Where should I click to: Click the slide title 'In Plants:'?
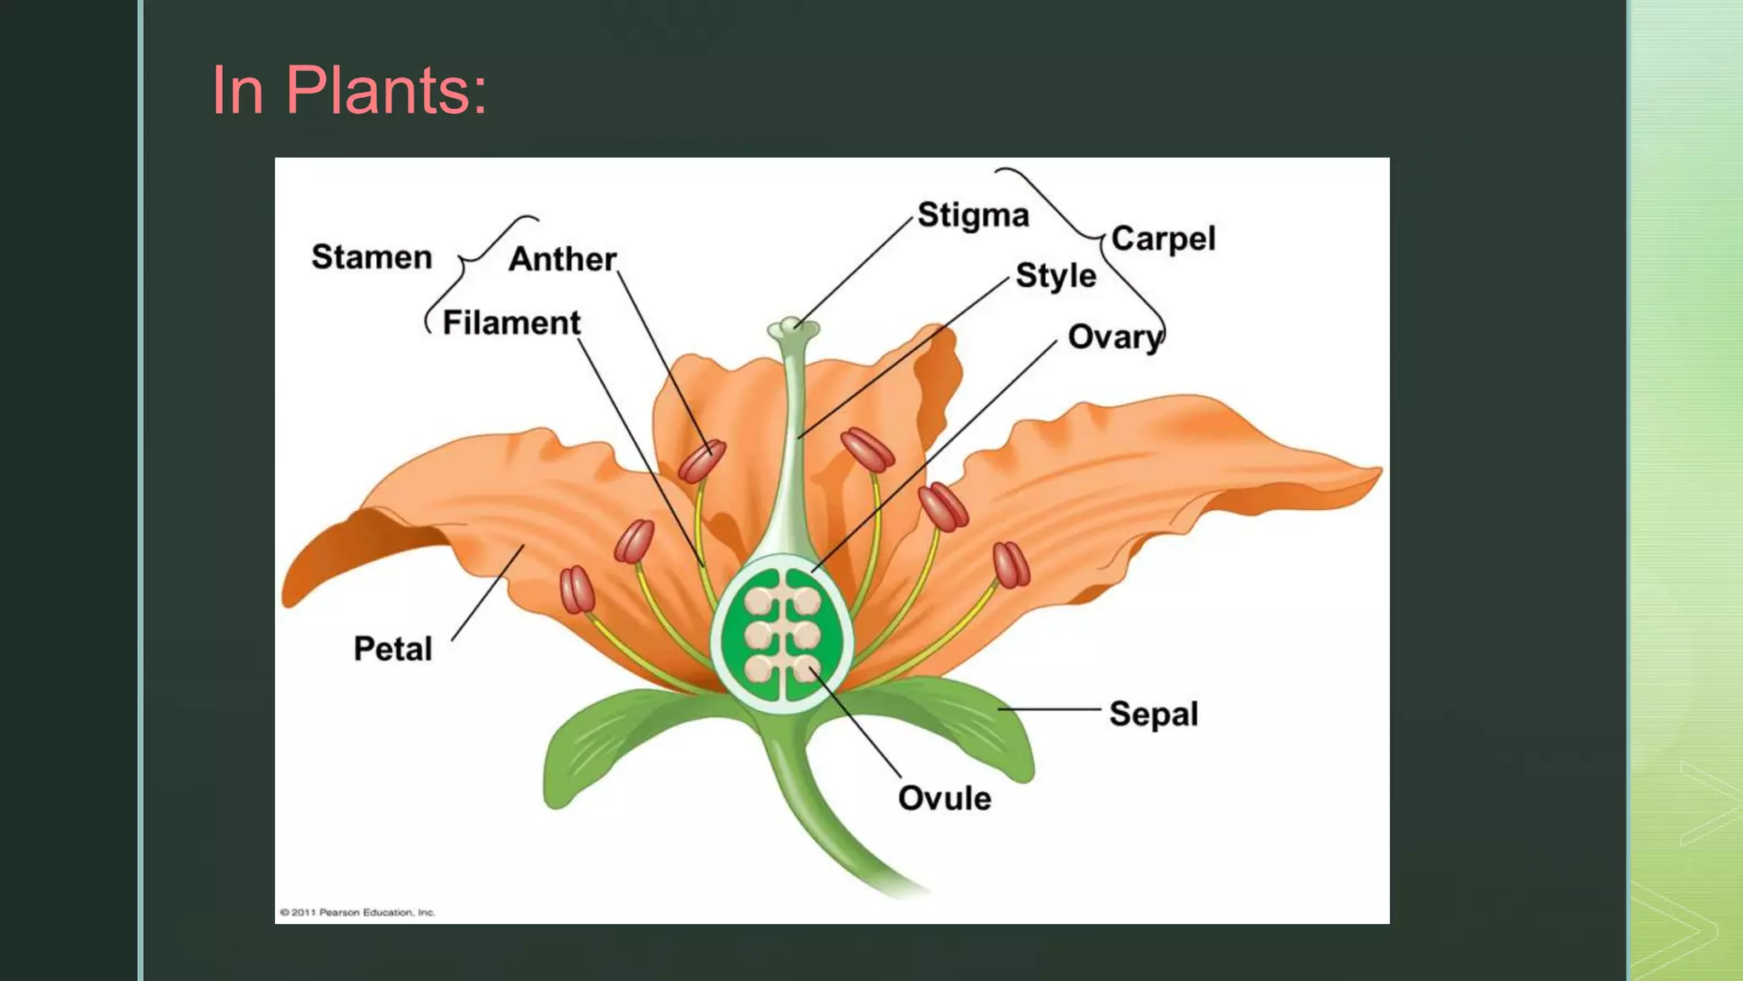349,90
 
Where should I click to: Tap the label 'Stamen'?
372,257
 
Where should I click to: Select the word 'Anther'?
563,259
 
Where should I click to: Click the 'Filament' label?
511,324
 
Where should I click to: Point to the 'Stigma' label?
973,215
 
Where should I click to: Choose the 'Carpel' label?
1163,239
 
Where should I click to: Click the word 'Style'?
1055,276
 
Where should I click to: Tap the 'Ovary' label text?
1114,338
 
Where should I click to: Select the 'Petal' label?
393,649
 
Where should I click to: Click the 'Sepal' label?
1153,714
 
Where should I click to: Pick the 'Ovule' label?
945,799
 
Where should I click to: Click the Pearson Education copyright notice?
357,912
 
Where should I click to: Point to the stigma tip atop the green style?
793,329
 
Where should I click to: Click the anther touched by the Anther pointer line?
702,461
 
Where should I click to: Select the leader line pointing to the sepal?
1049,708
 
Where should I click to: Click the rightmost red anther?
1011,565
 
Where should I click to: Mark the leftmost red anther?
576,589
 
